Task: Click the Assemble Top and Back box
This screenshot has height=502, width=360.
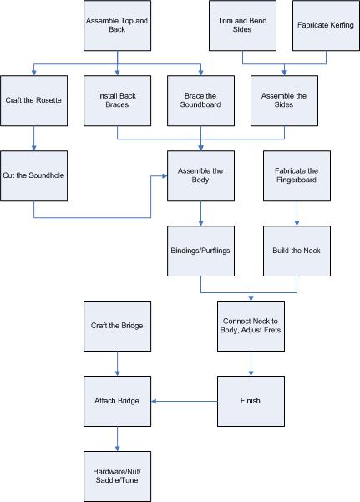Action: [117, 25]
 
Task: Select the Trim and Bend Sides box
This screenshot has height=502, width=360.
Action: [242, 25]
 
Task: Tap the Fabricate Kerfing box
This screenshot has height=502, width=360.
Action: [325, 25]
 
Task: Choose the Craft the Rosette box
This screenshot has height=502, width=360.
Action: [33, 100]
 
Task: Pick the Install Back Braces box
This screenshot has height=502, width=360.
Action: [117, 100]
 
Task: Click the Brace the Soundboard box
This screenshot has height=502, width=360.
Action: [200, 100]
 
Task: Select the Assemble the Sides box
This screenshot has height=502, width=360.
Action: [284, 100]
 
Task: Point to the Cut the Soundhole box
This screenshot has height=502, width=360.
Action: [33, 175]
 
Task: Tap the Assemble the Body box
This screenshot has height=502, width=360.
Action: [200, 175]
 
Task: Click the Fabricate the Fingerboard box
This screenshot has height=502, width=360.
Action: [296, 175]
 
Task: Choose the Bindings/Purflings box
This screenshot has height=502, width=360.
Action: [200, 250]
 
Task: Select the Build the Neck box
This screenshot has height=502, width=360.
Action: [296, 250]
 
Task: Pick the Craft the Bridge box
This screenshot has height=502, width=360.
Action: [117, 326]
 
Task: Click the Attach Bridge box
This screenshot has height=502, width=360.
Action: [117, 400]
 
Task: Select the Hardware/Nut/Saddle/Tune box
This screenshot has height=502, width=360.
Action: [117, 475]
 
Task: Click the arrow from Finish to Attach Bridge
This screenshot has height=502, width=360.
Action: [184, 401]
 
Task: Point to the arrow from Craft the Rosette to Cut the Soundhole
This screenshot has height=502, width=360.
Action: [33, 138]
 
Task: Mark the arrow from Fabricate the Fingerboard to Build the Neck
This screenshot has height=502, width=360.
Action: [296, 213]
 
